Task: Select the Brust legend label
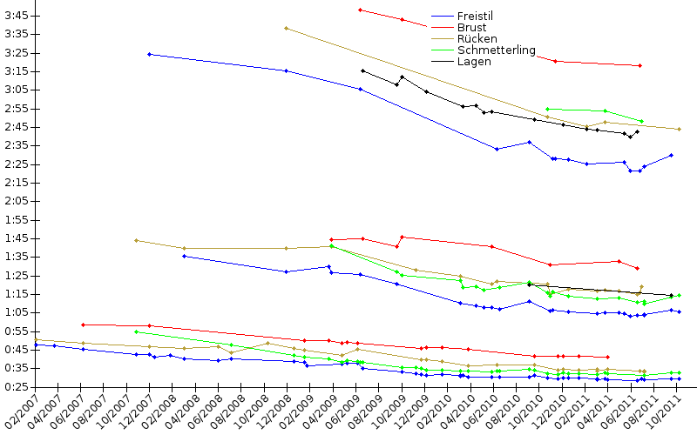pos(471,28)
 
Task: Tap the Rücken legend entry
pos(477,39)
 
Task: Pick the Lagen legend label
pos(473,62)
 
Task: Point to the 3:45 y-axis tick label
pos(17,16)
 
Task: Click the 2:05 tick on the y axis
pos(17,201)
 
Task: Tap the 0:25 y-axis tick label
pos(17,368)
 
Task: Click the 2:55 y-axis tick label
pos(17,109)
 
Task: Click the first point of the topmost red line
pos(360,10)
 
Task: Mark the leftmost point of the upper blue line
pos(149,54)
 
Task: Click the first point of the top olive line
pos(286,28)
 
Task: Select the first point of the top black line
pos(362,70)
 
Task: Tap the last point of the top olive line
pos(679,129)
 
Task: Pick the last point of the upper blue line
pos(671,155)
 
